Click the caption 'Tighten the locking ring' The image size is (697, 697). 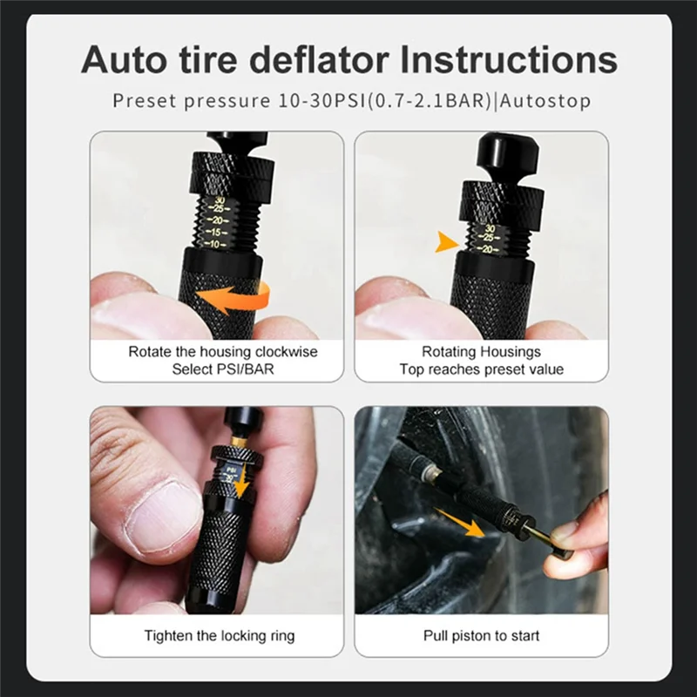(220, 636)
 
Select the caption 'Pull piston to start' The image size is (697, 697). (482, 636)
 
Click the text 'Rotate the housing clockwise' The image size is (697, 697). (223, 352)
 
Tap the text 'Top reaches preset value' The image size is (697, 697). (482, 369)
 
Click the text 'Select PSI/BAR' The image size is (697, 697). (223, 369)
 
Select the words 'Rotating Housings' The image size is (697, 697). (482, 352)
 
